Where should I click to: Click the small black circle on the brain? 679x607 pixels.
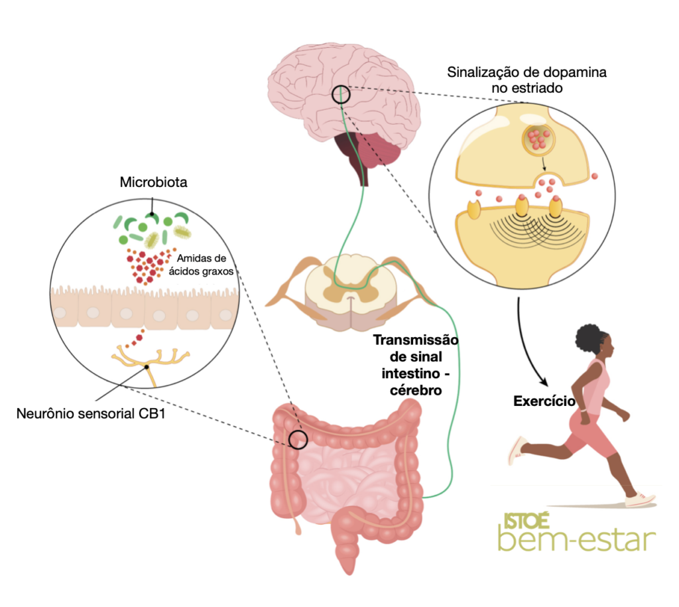click(x=341, y=95)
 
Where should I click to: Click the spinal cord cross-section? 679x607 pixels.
click(x=349, y=292)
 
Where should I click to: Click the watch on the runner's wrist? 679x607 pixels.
click(x=584, y=416)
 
